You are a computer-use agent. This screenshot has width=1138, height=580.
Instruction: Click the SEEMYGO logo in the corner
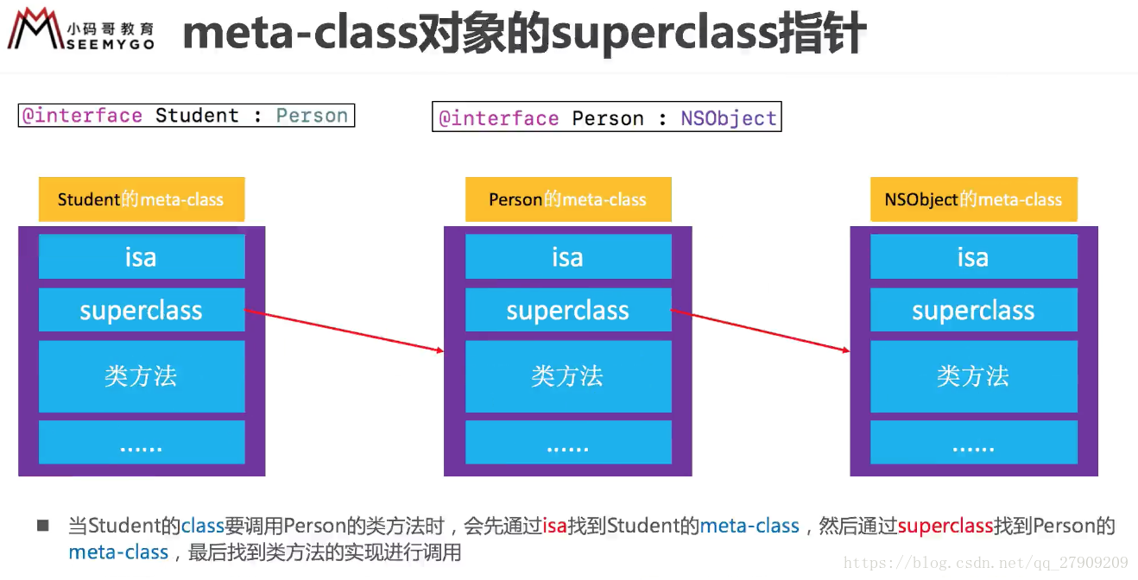coord(81,28)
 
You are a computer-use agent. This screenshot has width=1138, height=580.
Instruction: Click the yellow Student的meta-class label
coord(142,199)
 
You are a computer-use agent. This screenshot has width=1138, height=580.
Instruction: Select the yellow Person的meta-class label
coord(568,199)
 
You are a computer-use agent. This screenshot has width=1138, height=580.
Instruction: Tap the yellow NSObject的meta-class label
coord(973,199)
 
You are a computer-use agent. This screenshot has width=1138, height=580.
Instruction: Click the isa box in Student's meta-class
coord(142,256)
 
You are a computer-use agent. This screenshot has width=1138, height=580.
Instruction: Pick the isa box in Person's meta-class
coord(568,256)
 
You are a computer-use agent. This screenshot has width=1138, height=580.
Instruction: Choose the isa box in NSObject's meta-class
coord(973,256)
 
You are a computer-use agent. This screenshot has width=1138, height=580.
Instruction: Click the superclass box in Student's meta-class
coord(142,310)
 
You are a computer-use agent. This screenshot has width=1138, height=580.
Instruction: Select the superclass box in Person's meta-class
coord(568,310)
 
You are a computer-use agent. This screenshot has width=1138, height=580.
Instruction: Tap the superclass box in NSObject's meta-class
coord(973,310)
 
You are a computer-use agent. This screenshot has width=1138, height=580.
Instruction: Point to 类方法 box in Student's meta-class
coord(142,376)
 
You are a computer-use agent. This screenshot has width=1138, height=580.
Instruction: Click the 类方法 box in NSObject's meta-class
coord(973,376)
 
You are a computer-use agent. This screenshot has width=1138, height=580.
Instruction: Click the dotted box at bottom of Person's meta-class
coord(568,442)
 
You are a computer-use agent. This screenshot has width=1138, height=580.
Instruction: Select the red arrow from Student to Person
coord(344,330)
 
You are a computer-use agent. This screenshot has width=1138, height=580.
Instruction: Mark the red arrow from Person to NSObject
coord(761,330)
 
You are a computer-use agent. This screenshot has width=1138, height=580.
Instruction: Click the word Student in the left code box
coord(197,116)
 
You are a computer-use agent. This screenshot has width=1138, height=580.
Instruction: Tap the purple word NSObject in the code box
coord(729,118)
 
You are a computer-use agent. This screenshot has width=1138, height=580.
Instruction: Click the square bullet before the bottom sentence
coord(43,525)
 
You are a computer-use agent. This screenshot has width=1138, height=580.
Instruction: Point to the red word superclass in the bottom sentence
coord(945,526)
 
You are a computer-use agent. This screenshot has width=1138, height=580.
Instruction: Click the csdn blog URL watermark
coord(985,563)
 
